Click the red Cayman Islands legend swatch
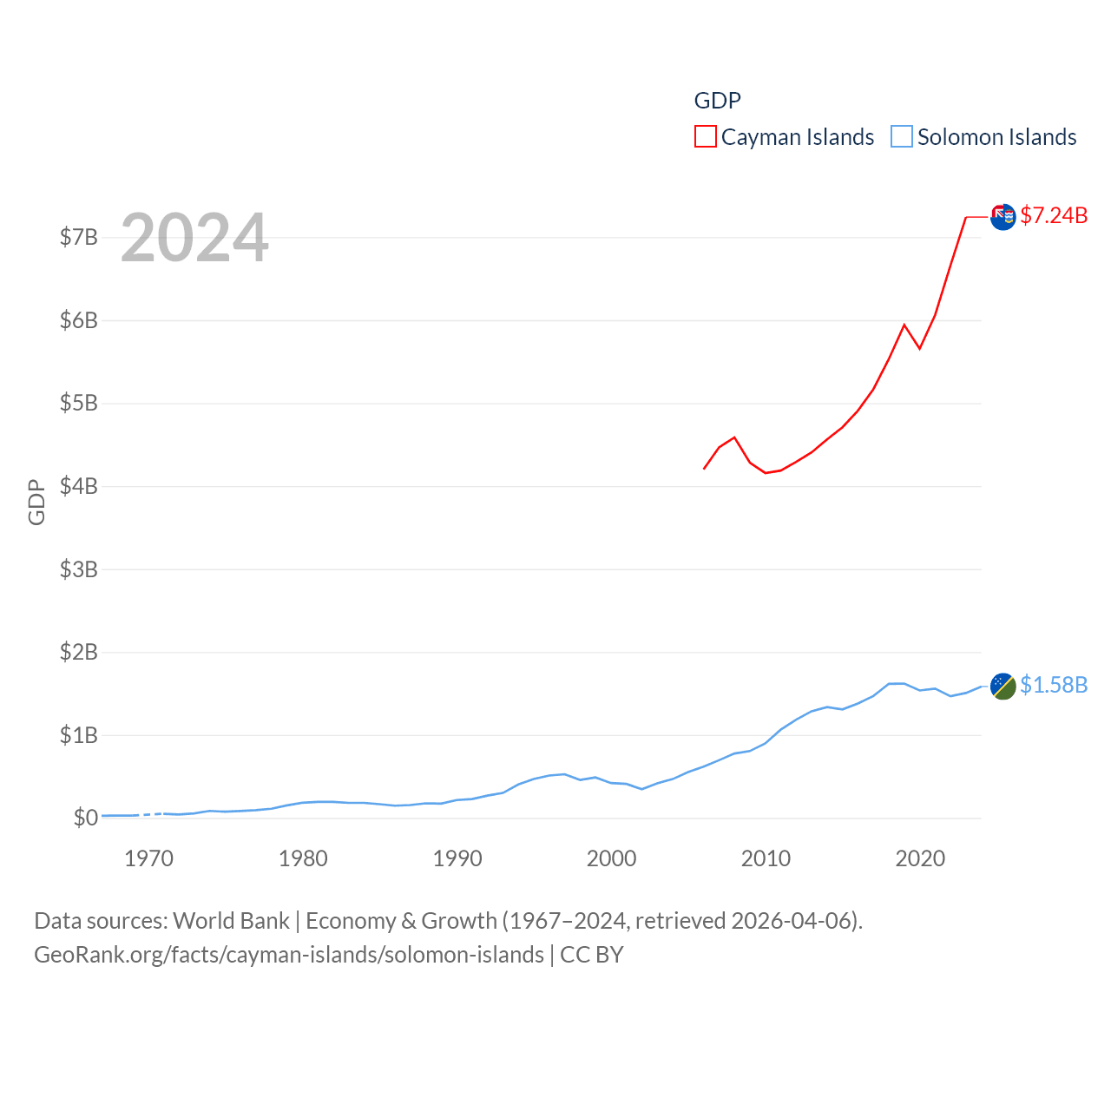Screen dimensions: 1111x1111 tap(706, 137)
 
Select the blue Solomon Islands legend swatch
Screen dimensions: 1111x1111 tap(902, 137)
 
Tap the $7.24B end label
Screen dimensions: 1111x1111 tap(1054, 215)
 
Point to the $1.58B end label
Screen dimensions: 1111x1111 tap(1054, 685)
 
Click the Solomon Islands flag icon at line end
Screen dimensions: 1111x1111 tap(1003, 686)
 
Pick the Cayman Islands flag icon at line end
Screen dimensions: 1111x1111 tap(1003, 217)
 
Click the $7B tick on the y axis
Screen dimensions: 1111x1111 tap(78, 237)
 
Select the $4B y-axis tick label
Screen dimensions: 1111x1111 tap(78, 486)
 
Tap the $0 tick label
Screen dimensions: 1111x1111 tap(85, 818)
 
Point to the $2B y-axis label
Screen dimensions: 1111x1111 tap(78, 652)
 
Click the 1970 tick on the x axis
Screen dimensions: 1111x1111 tap(149, 859)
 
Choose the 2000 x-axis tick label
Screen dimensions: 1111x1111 tap(612, 859)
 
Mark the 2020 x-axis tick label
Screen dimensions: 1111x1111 tap(920, 859)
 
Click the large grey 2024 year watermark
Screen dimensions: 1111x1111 tap(194, 238)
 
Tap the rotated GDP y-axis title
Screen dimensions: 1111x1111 tap(36, 502)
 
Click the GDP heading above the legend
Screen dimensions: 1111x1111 tap(718, 101)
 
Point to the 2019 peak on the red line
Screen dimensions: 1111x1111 tap(904, 325)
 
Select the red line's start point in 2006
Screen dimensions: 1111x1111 tap(704, 469)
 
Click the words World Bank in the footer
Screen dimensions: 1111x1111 tap(232, 921)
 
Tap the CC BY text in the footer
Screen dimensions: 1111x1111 tap(592, 955)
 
